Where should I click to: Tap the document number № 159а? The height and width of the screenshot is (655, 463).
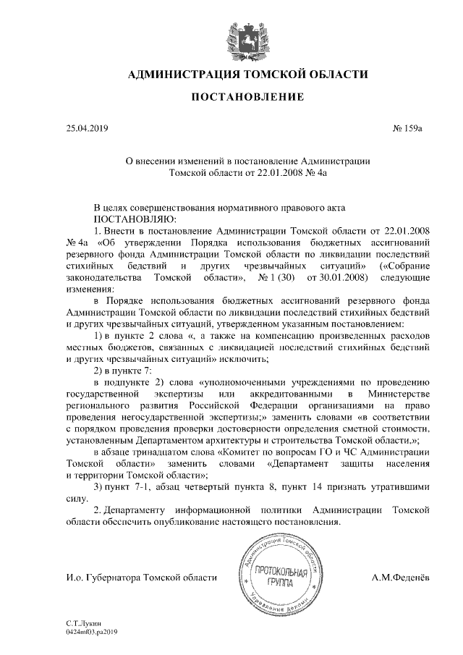407,129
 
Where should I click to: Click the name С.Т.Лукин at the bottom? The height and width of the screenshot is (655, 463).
81,622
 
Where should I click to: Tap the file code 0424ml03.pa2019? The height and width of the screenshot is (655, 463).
91,631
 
